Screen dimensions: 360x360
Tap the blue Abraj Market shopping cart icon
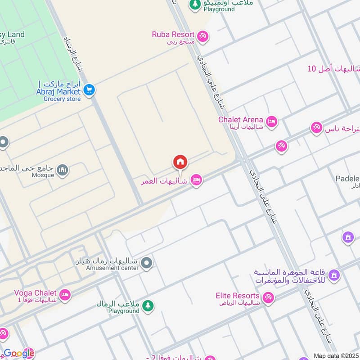pos(89,90)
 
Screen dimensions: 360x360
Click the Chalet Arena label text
pos(240,119)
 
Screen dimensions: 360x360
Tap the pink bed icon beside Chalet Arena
pos(271,121)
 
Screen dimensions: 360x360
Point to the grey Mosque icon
pos(63,170)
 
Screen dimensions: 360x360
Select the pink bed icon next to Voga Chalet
pos(65,295)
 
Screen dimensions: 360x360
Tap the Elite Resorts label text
pos(238,296)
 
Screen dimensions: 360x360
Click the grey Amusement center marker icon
pos(146,263)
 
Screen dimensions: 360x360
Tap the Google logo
pos(18,353)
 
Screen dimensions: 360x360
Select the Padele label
pos(347,179)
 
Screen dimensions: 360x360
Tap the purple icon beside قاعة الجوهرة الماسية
pos(334,274)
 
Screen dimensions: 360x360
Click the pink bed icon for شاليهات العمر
pos(196,180)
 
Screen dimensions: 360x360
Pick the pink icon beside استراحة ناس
pos(316,128)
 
